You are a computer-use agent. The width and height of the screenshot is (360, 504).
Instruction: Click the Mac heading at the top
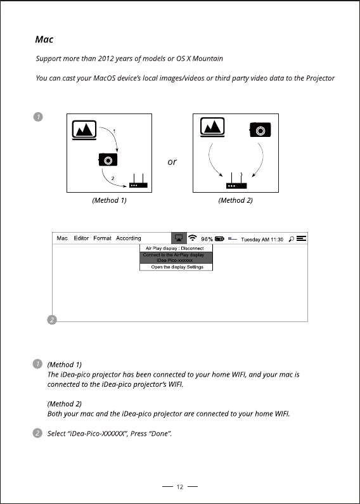pos(44,39)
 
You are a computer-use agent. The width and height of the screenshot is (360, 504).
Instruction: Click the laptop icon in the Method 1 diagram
pos(84,130)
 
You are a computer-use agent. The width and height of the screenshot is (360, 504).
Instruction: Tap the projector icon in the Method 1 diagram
pos(108,159)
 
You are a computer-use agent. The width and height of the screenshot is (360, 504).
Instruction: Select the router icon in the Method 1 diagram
pos(138,181)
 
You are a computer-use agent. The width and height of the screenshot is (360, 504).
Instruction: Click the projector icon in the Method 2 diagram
pos(260,130)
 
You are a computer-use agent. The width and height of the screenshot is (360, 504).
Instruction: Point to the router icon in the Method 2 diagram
pos(236,181)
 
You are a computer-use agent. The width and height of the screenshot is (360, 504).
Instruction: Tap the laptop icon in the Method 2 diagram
pos(212,127)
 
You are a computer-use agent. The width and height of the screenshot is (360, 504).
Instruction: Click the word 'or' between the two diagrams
pos(172,162)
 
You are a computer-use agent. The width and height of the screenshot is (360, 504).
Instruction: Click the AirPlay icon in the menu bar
pos(179,238)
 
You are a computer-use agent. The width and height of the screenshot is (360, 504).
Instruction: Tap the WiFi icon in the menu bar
pos(193,238)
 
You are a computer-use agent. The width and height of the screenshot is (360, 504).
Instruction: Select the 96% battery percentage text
pos(207,239)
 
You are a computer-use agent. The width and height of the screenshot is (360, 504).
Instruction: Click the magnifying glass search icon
pos(291,239)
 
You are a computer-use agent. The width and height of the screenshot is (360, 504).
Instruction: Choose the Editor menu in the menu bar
pos(81,238)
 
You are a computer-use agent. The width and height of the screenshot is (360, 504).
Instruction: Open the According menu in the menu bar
pos(129,238)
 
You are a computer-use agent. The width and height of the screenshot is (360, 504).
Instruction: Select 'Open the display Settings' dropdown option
pos(176,267)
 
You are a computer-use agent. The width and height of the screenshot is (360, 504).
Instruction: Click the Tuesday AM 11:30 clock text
pos(262,240)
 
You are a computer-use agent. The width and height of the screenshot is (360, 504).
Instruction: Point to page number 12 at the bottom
pos(179,487)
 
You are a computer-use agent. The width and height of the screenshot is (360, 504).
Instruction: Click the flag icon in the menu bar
pos(233,239)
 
